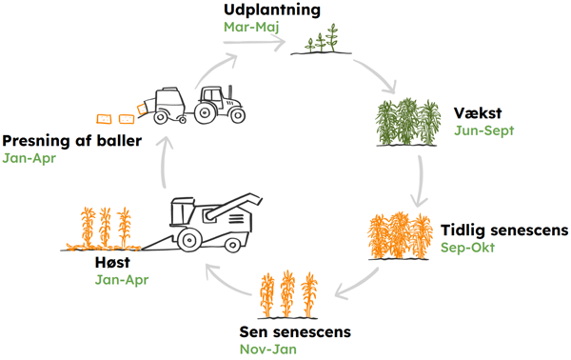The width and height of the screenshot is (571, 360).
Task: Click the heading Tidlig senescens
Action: [x=504, y=230]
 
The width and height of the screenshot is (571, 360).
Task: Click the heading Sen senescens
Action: [x=295, y=332]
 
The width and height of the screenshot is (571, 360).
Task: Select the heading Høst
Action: [x=113, y=263]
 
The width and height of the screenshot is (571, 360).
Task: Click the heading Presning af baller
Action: [x=71, y=142]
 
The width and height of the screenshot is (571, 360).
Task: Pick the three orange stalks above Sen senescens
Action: [x=288, y=294]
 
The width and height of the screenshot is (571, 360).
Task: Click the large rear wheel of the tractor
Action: [x=206, y=111]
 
